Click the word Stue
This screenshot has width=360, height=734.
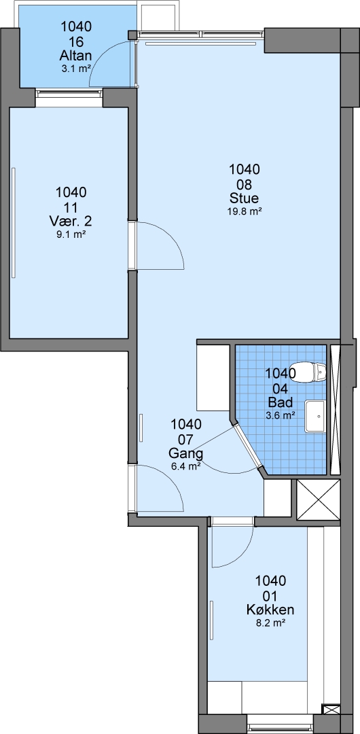pyautogui.click(x=245, y=198)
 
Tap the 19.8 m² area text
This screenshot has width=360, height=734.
pyautogui.click(x=245, y=211)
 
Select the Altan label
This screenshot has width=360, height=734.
pyautogui.click(x=76, y=56)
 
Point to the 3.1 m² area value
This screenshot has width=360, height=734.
pyautogui.click(x=76, y=69)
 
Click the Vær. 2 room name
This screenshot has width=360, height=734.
pyautogui.click(x=71, y=221)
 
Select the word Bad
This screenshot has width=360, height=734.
pyautogui.click(x=281, y=402)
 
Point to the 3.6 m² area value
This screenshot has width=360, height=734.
pyautogui.click(x=281, y=415)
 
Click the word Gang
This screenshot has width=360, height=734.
pyautogui.click(x=186, y=453)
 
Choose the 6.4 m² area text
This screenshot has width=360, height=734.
pyautogui.click(x=186, y=466)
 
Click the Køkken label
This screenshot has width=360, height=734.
pyautogui.click(x=270, y=610)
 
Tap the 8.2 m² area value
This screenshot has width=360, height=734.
pyautogui.click(x=270, y=623)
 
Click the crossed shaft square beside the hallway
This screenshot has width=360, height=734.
pyautogui.click(x=319, y=500)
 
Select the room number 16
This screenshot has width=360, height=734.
pyautogui.click(x=76, y=41)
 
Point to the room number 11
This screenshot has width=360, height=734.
pyautogui.click(x=71, y=207)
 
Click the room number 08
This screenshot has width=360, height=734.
pyautogui.click(x=245, y=183)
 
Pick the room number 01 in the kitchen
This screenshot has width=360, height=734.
pyautogui.click(x=270, y=595)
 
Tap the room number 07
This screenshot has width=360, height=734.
pyautogui.click(x=186, y=439)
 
